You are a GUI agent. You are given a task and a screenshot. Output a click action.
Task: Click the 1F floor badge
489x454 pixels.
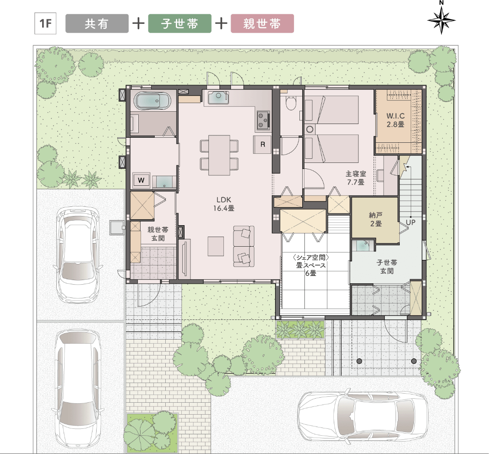click(x=45, y=23)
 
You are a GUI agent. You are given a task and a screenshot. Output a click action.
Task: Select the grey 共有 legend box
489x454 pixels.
click(x=97, y=23)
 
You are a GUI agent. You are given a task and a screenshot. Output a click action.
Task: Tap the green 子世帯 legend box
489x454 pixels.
click(x=179, y=23)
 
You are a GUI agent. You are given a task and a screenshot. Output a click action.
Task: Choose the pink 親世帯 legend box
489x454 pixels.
click(x=262, y=23)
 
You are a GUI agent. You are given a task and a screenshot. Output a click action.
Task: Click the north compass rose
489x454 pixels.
click(x=441, y=19)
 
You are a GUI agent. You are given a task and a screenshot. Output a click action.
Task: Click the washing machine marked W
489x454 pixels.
click(x=141, y=180)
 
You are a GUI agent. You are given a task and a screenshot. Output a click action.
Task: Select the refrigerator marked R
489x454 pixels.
click(x=263, y=144)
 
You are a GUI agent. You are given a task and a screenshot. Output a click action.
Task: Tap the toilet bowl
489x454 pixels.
click(x=291, y=103)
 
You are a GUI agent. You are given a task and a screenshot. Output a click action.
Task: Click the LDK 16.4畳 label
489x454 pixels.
click(x=223, y=204)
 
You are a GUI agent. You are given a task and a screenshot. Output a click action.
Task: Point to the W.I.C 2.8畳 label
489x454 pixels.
click(x=396, y=120)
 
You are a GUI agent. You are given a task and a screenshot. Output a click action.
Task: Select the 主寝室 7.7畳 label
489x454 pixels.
click(x=356, y=178)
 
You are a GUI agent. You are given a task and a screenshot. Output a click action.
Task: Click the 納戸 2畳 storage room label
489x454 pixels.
click(x=375, y=219)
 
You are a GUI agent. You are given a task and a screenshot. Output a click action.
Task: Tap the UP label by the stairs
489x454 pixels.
click(x=410, y=222)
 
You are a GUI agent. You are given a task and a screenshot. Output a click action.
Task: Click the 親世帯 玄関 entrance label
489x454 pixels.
click(x=158, y=234)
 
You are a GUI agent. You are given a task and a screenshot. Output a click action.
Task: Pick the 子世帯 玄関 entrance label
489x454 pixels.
click(x=387, y=267)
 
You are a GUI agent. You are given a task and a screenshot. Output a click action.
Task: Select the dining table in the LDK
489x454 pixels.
click(x=219, y=155)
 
